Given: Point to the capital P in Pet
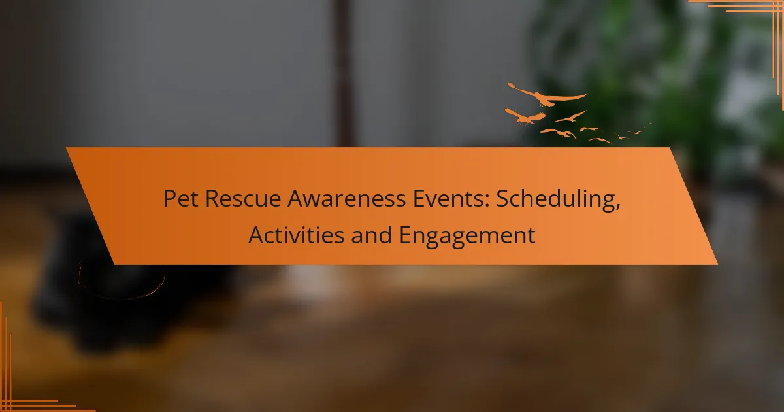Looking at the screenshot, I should pyautogui.click(x=169, y=199).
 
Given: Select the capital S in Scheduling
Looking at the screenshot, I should pyautogui.click(x=502, y=199).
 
